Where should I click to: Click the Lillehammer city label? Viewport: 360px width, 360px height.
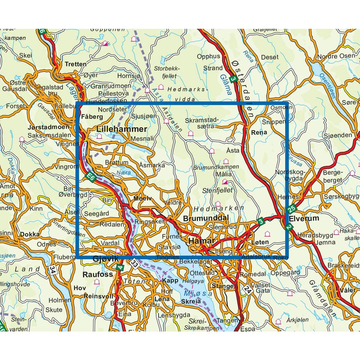(x=122, y=129)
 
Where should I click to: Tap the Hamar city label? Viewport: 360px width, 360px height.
(x=202, y=241)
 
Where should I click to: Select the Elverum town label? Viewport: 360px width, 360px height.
(x=304, y=218)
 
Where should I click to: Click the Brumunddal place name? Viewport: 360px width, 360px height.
(x=206, y=218)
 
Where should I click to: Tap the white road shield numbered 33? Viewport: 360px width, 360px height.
(x=135, y=263)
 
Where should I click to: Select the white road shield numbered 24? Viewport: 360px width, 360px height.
(x=247, y=289)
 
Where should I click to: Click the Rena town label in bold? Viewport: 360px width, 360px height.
(x=259, y=132)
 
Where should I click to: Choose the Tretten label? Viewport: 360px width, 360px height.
(x=75, y=64)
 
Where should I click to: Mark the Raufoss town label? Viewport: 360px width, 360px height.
(x=98, y=274)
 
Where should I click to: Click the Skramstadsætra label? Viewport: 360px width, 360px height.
(x=202, y=123)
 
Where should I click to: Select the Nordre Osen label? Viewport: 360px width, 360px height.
(x=336, y=56)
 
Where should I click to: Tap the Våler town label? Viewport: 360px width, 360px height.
(x=347, y=290)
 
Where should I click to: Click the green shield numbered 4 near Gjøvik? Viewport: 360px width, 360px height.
(x=120, y=267)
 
